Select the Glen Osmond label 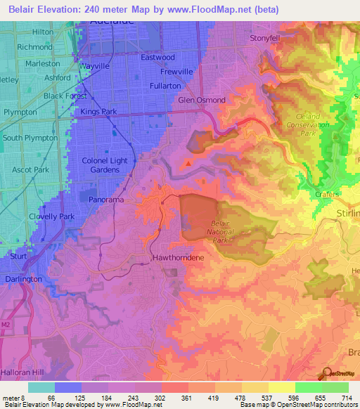202,100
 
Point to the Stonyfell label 266,39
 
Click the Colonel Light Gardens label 105,165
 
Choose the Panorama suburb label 107,200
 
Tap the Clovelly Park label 52,216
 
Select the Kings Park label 98,112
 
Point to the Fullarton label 165,86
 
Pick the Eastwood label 157,58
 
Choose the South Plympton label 30,138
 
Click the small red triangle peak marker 188,164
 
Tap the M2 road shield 6,325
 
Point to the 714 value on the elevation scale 347,398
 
